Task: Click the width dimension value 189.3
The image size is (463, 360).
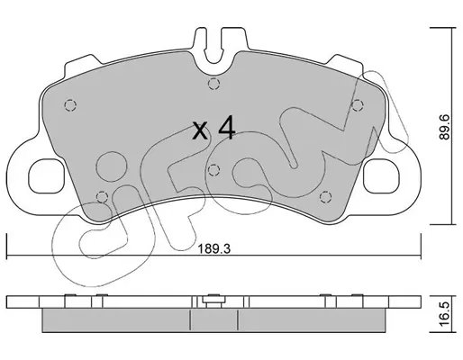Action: coord(213,249)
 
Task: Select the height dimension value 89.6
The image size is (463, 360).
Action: coord(445,126)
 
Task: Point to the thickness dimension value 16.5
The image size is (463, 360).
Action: coord(445,314)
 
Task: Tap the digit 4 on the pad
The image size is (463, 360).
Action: coord(227,130)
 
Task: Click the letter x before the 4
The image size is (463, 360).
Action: coord(200,131)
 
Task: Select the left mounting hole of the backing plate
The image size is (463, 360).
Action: coord(47,176)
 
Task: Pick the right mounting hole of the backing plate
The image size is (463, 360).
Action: coord(381,176)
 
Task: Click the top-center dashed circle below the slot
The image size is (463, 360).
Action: coord(213,84)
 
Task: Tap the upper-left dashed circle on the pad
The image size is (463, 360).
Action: coord(70,105)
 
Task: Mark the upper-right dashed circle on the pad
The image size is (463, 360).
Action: coord(358,105)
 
